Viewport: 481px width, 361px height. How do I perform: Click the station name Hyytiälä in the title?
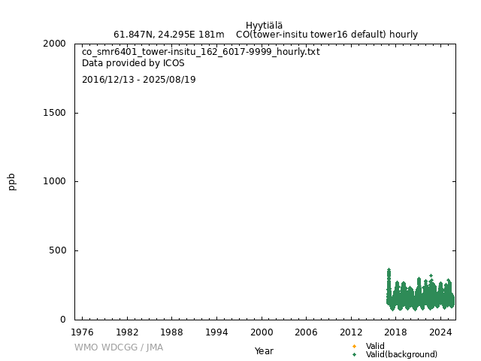264,26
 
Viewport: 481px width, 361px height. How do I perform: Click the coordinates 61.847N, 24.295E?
168,35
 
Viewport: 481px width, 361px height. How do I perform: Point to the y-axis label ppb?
12,181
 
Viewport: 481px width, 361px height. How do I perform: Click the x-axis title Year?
264,351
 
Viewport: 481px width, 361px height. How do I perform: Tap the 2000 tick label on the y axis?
55,44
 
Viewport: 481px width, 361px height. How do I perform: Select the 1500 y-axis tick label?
55,113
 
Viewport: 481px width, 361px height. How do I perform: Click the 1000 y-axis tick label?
55,181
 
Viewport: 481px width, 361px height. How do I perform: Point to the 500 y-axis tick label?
58,250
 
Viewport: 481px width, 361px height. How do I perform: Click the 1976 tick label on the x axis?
82,332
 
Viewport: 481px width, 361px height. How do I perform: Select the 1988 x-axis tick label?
172,332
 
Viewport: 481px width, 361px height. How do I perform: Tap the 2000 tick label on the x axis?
262,332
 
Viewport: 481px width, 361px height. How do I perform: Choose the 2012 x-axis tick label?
351,332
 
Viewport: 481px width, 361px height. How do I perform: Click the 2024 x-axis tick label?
441,332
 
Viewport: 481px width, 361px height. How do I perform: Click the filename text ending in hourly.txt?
201,52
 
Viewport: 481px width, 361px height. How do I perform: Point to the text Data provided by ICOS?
133,63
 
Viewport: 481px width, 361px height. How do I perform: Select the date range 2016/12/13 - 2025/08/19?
138,80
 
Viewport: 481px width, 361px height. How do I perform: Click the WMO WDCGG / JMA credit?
119,347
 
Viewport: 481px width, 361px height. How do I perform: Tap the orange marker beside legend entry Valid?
354,346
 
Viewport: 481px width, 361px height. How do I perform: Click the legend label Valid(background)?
401,354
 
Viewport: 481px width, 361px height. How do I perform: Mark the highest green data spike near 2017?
389,270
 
